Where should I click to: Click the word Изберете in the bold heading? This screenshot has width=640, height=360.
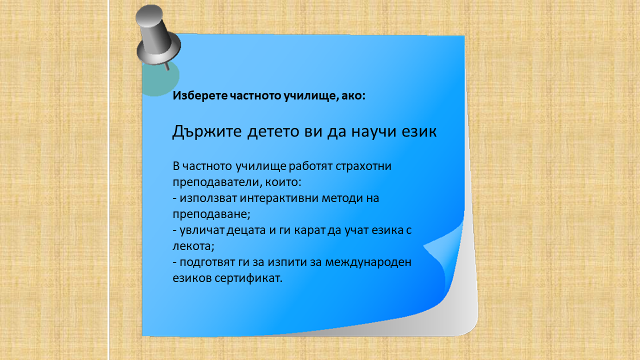(200, 95)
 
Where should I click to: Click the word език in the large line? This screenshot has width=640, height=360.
(419, 131)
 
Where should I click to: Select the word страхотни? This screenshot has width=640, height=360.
(363, 166)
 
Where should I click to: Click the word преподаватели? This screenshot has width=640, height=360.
(217, 182)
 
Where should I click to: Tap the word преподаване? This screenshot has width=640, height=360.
(211, 214)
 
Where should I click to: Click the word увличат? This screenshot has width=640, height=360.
(201, 230)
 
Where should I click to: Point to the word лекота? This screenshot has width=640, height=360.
(193, 246)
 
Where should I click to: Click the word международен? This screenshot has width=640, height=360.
(368, 262)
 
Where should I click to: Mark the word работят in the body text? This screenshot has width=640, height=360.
(311, 166)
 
